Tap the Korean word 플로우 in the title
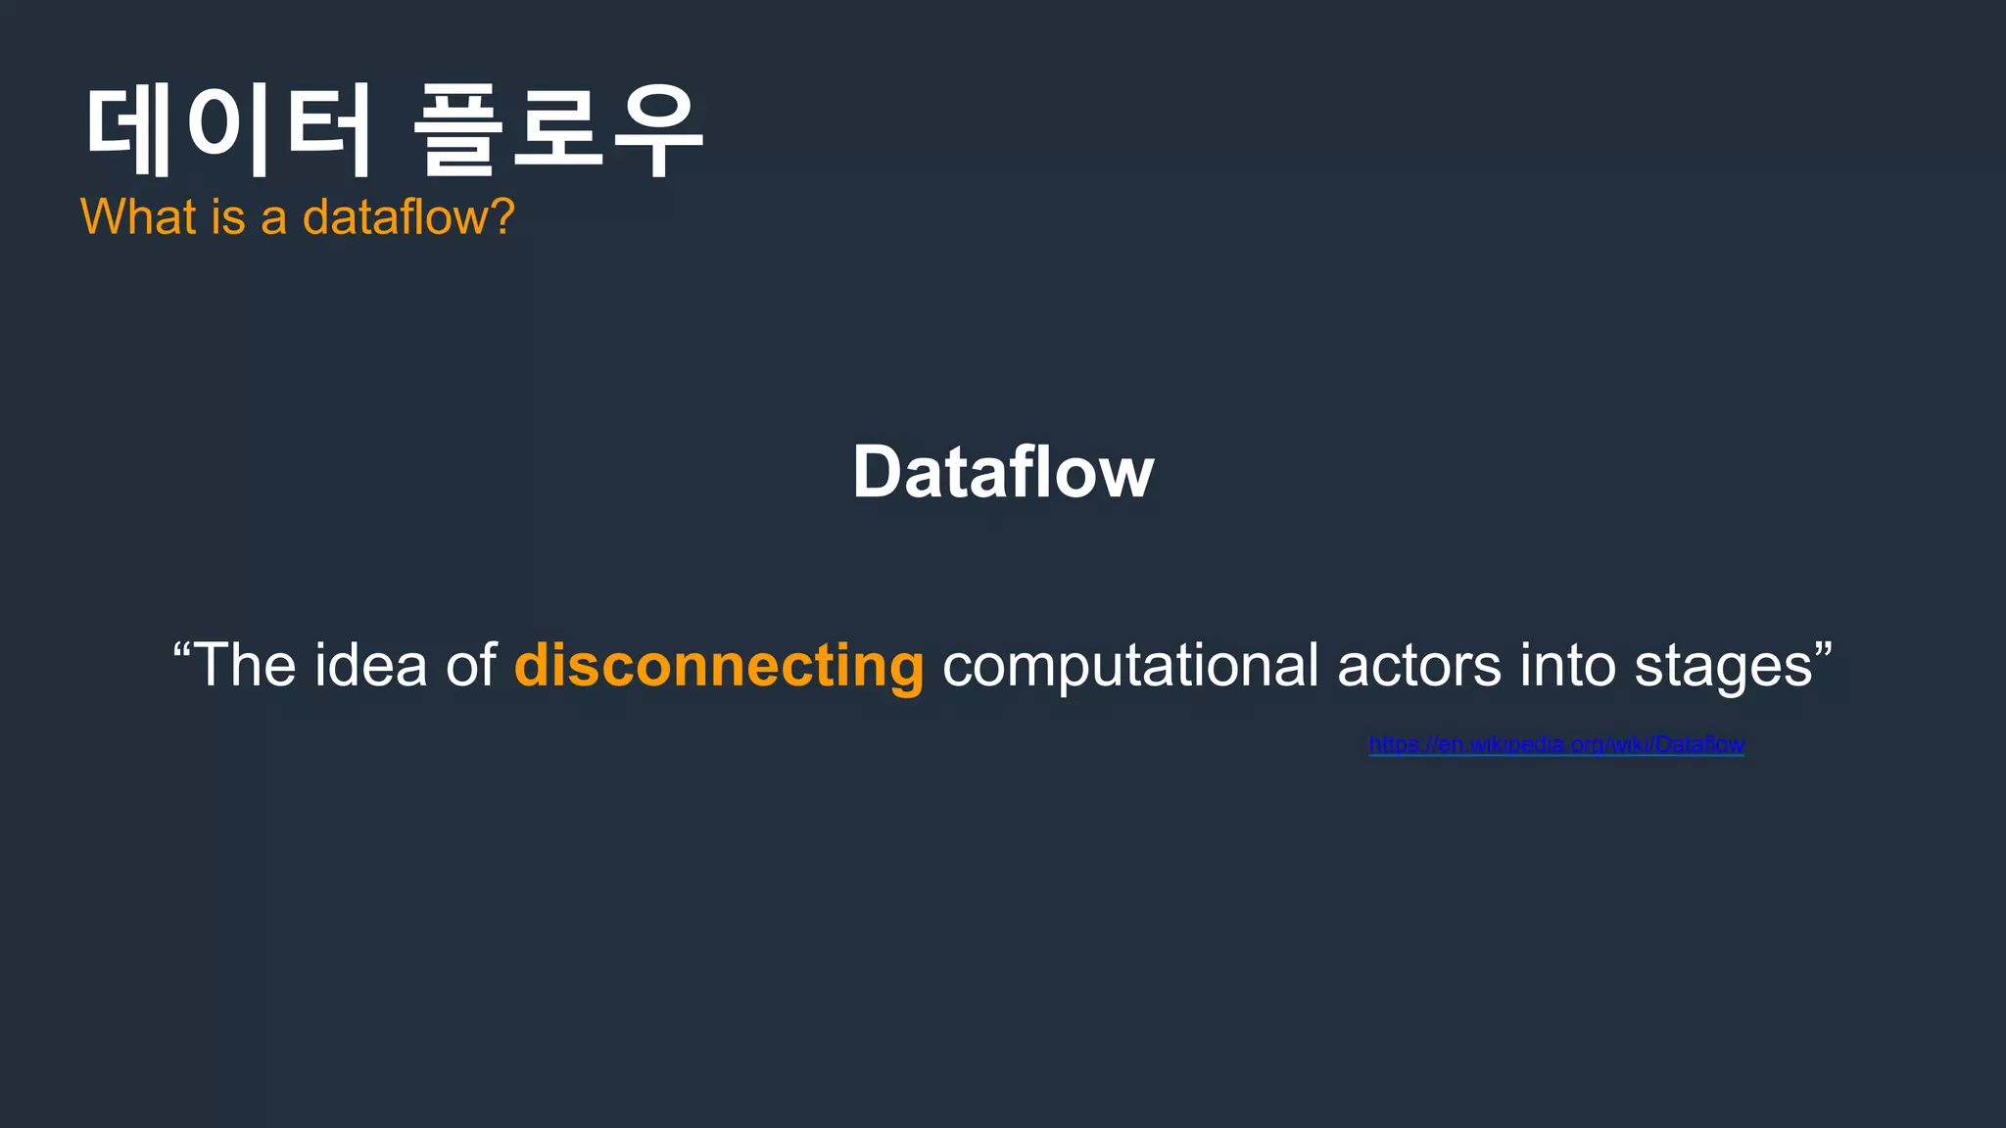tap(558, 129)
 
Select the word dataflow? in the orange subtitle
tap(408, 216)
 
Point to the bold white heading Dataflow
tap(1003, 472)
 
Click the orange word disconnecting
tap(719, 666)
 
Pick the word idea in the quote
tap(370, 666)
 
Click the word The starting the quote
tap(246, 666)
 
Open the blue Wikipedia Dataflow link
tap(1556, 745)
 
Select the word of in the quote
tap(471, 666)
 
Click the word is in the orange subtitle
tap(227, 216)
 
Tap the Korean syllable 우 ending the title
tap(657, 129)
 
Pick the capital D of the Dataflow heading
tap(878, 472)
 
